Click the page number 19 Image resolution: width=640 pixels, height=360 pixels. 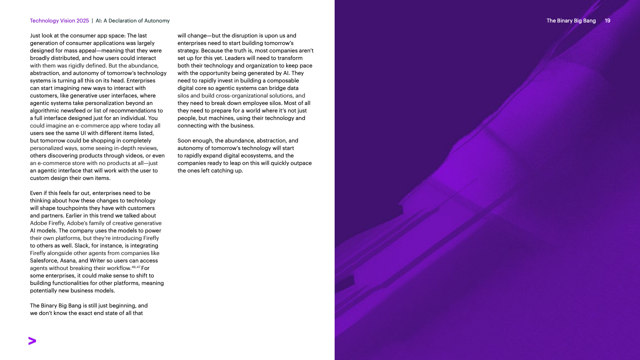[x=607, y=21]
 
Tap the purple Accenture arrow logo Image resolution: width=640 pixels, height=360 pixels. [x=32, y=341]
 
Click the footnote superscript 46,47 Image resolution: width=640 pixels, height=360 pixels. [x=136, y=267]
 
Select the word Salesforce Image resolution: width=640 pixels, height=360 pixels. [x=44, y=261]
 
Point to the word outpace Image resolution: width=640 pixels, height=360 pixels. [x=301, y=163]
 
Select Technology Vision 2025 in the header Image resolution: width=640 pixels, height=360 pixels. [x=59, y=21]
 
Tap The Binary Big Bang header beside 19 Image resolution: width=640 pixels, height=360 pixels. [x=571, y=21]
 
